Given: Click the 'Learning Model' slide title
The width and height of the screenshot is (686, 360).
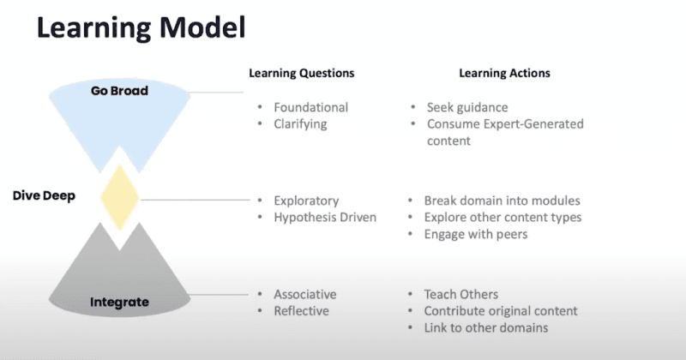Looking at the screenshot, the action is point(141,28).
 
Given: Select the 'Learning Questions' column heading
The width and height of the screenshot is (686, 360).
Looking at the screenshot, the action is point(302,73).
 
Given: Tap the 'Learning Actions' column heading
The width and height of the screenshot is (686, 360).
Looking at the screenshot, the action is point(504,73).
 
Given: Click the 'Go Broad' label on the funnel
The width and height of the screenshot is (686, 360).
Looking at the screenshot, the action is point(119,91).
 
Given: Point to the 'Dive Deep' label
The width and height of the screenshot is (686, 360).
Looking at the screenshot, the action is point(44,195).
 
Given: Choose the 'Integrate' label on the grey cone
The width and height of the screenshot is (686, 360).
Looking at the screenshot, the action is point(119,302).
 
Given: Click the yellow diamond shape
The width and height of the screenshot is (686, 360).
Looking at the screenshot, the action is point(119,197).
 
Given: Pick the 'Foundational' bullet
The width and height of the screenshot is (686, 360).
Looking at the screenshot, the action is point(311,107).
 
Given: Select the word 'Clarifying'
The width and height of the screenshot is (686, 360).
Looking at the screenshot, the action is point(300,124).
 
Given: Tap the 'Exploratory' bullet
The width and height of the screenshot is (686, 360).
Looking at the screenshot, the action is point(306,201).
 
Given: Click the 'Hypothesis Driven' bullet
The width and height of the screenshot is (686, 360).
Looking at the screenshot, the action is point(325,218).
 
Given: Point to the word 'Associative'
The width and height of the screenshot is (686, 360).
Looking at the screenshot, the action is point(305,294).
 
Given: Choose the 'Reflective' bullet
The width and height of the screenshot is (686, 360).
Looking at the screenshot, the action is point(302,311).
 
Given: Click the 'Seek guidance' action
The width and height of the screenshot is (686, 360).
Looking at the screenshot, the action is point(467,108).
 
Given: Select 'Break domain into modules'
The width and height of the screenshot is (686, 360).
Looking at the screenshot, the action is point(502,201).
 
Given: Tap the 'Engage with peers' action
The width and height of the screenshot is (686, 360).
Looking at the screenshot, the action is point(476,235).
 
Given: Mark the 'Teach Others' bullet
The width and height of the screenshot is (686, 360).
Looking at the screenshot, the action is point(461,294).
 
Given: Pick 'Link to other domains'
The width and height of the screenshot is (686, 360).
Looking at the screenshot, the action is point(486,327).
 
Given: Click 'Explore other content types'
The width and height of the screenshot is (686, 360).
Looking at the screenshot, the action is point(502,218).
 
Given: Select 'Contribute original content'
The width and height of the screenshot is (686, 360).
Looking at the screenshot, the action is point(501,311).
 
